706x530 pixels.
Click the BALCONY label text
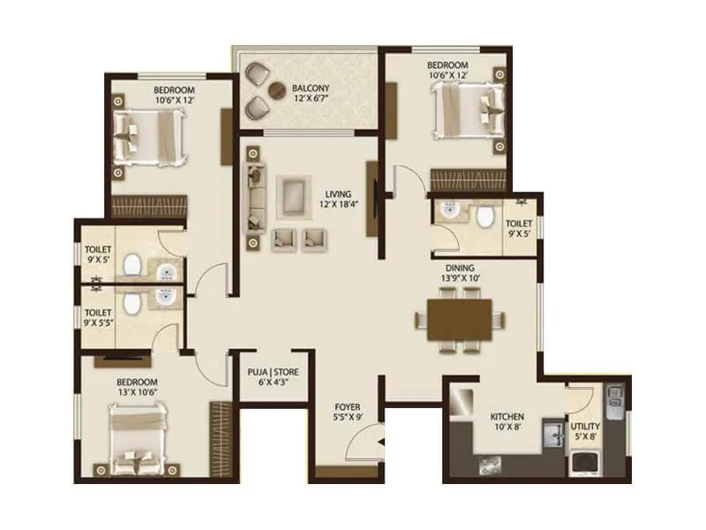(x=311, y=87)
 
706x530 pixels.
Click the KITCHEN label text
(x=507, y=416)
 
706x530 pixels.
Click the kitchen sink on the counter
(x=553, y=433)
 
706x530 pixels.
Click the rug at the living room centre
(x=293, y=193)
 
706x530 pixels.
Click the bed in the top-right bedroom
(x=464, y=116)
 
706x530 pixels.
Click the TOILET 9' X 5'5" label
(x=97, y=317)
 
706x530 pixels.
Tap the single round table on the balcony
(x=276, y=88)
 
